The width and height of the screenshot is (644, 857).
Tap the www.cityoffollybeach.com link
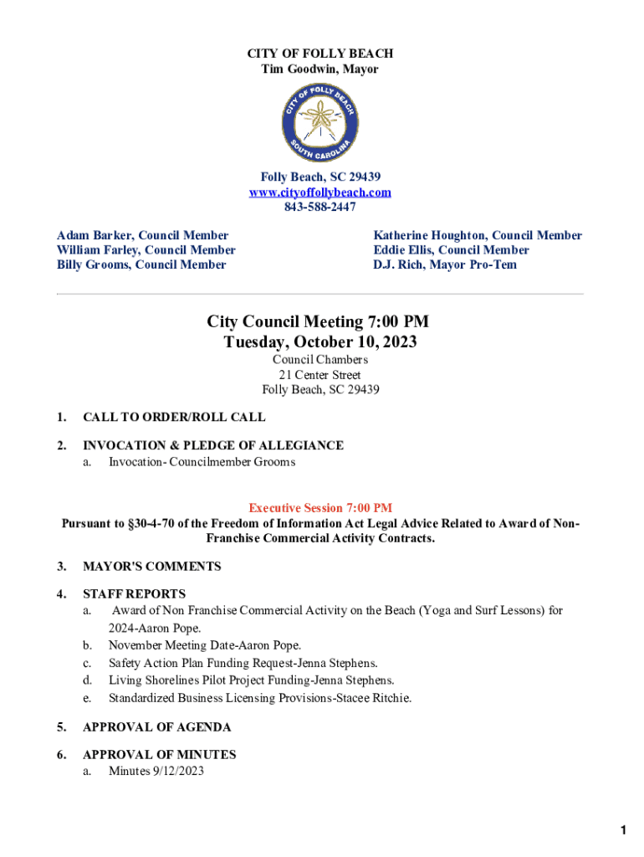pos(320,192)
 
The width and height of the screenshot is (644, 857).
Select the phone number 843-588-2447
pos(320,207)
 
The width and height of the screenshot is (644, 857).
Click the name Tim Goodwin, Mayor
pos(320,69)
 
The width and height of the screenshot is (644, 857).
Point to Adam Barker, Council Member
pos(142,236)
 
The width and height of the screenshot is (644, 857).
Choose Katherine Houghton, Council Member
pos(478,236)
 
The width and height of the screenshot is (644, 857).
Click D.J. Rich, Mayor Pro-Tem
pos(445,264)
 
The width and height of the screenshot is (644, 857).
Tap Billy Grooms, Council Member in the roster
pos(141,264)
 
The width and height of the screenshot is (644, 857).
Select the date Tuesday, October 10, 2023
pos(320,342)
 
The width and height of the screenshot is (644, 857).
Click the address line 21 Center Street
pos(320,375)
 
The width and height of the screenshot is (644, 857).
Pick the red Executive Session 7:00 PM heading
pos(320,508)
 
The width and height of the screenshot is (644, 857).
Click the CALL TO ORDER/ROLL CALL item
pos(174,417)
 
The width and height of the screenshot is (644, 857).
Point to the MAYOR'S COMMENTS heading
pos(151,567)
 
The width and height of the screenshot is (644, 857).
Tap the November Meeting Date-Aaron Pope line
pos(204,645)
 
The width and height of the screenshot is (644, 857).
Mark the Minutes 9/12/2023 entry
pos(156,771)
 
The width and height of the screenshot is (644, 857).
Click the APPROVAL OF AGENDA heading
pos(156,727)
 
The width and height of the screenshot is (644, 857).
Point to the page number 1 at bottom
pos(623,830)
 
